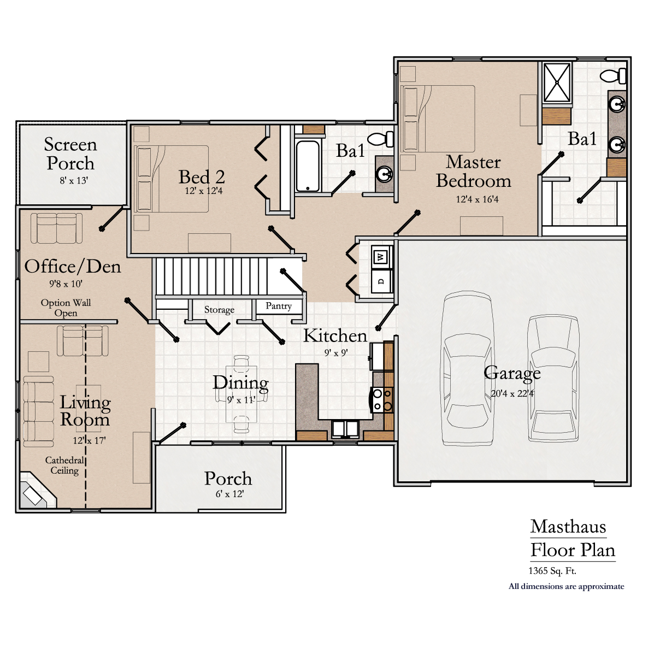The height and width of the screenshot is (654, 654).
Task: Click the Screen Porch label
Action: point(70,154)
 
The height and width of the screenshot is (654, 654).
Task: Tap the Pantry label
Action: point(279,306)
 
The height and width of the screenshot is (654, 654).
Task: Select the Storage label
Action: point(219,310)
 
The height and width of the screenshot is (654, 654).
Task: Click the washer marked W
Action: point(381,256)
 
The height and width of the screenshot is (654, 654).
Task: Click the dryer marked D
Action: point(381,281)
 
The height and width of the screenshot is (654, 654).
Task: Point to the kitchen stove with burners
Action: point(381,399)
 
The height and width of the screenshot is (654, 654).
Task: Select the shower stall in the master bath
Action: point(557,83)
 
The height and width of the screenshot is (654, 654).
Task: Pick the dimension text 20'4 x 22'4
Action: point(512,393)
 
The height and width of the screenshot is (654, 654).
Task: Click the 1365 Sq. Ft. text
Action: point(552,571)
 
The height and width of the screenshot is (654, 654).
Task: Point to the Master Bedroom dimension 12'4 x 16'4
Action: point(477,199)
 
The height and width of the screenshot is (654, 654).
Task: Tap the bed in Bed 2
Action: point(172,179)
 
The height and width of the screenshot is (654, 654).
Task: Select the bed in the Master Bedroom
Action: point(438,119)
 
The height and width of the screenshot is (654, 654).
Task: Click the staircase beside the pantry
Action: point(211,276)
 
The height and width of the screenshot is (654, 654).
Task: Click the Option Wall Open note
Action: point(66,308)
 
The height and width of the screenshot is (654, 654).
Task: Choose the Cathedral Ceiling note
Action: point(64,466)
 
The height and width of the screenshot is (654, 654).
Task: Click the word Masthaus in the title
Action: point(568,527)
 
